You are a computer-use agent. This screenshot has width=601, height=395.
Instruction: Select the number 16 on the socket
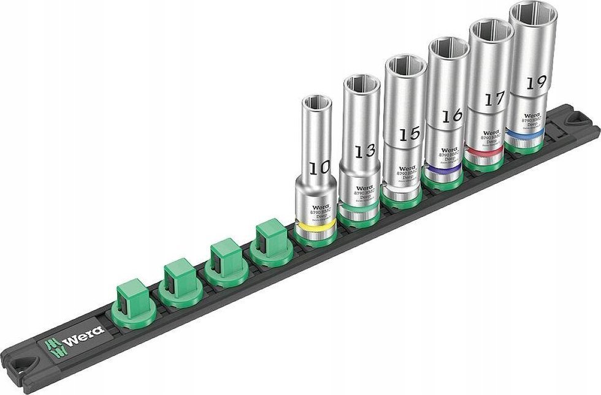pyautogui.click(x=450, y=116)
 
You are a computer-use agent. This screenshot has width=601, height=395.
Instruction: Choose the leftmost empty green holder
pyautogui.click(x=130, y=299)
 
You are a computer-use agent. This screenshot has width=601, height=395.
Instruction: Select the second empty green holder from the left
pyautogui.click(x=177, y=279)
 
